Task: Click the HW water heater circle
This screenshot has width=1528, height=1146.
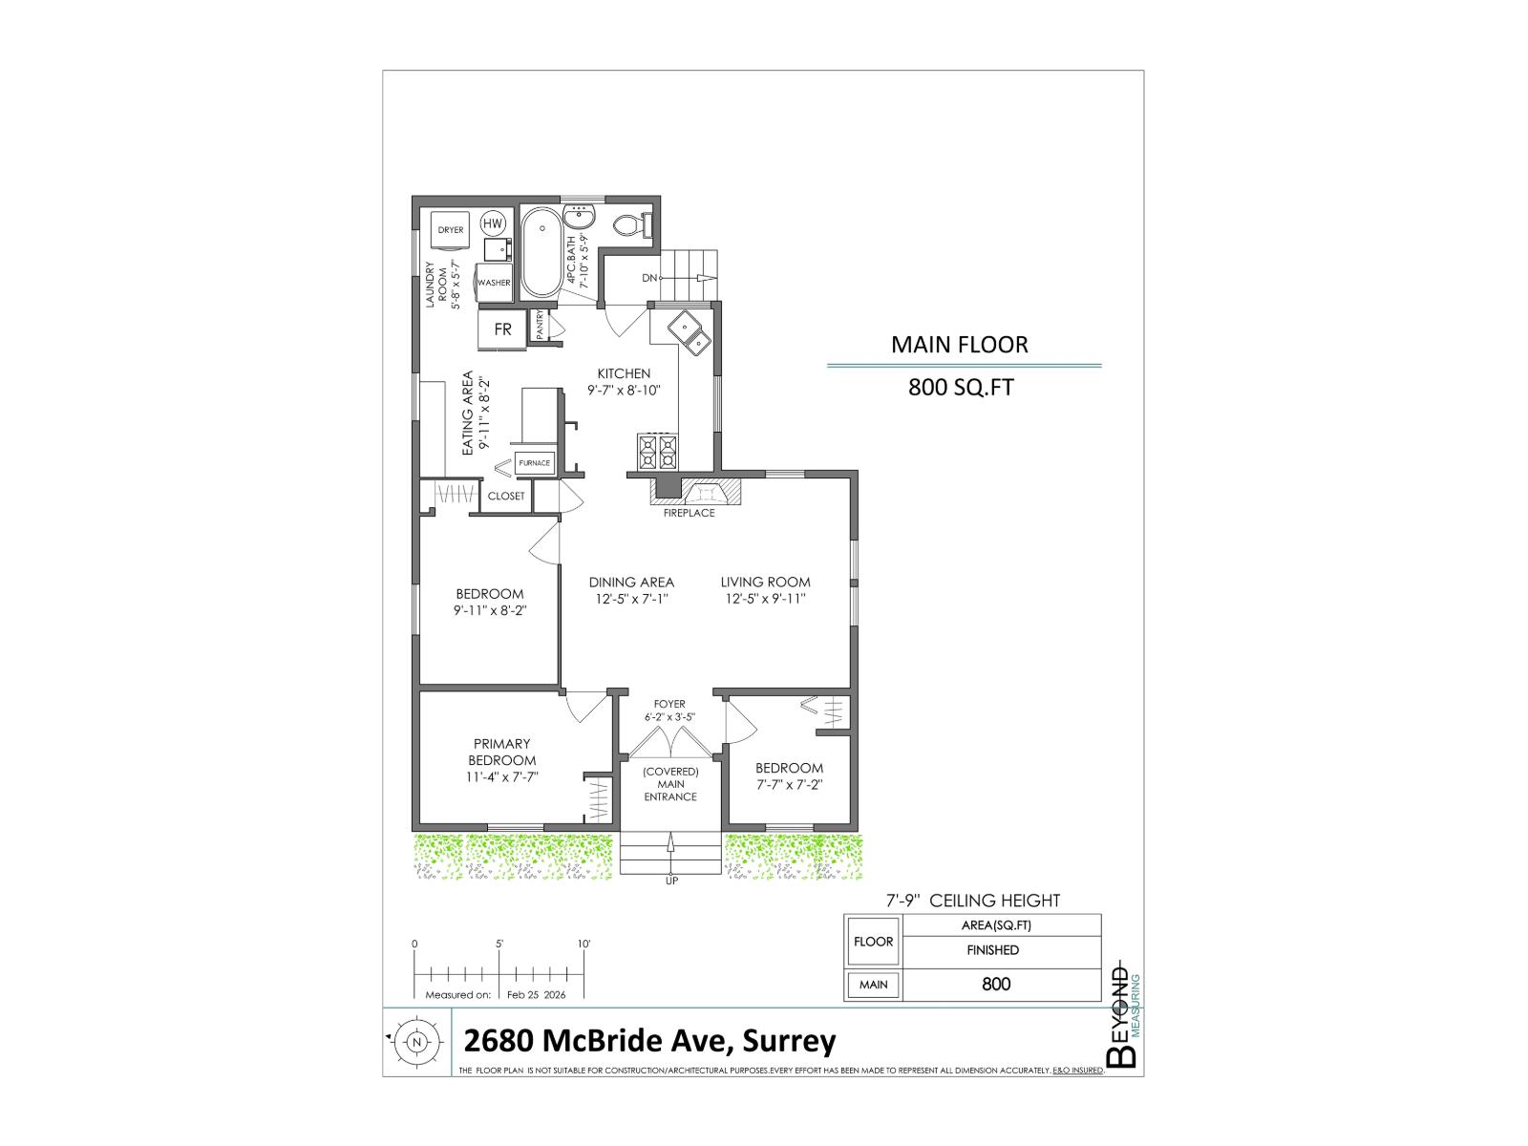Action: point(493,223)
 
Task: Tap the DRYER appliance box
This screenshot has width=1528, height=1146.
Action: point(450,230)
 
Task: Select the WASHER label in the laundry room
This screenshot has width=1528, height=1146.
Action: point(494,283)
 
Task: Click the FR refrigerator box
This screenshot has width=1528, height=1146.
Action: point(502,329)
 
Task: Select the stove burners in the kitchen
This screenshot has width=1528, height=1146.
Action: point(657,452)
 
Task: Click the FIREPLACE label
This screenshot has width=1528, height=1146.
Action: point(690,513)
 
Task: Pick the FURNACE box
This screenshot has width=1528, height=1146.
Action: point(534,463)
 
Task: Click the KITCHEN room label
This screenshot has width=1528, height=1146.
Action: point(624,373)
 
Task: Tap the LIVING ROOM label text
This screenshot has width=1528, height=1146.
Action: point(765,582)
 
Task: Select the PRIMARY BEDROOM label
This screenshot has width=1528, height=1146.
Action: point(501,752)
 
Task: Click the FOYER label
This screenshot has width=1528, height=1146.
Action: point(669,704)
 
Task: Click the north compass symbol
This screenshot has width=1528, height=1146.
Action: point(416,1042)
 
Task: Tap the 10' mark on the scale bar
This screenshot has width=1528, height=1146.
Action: point(584,944)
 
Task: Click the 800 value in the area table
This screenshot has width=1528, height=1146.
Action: point(995,984)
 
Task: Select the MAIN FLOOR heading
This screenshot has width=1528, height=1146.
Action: point(959,345)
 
